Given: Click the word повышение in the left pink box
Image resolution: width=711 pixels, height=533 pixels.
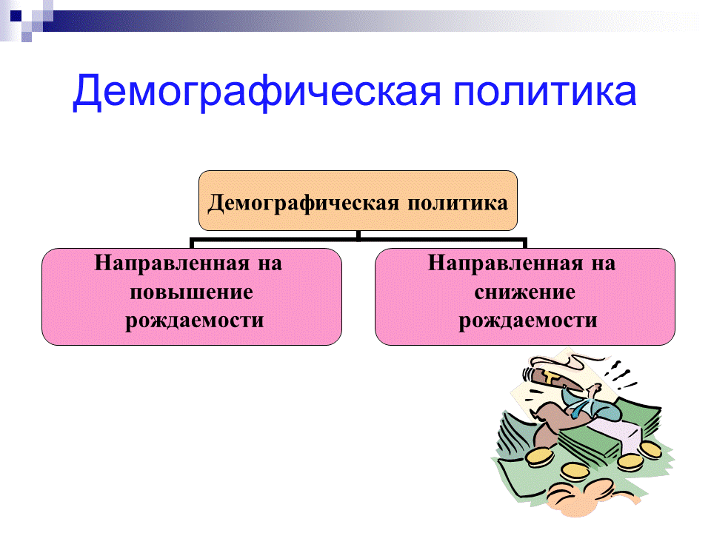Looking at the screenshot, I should tap(191, 292).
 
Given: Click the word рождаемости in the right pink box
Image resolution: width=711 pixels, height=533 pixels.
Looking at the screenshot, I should tap(527, 321).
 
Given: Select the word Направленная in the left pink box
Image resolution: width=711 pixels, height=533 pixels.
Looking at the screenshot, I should tap(167, 264).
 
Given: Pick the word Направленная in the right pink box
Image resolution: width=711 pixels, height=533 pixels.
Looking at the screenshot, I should tap(501, 264).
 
